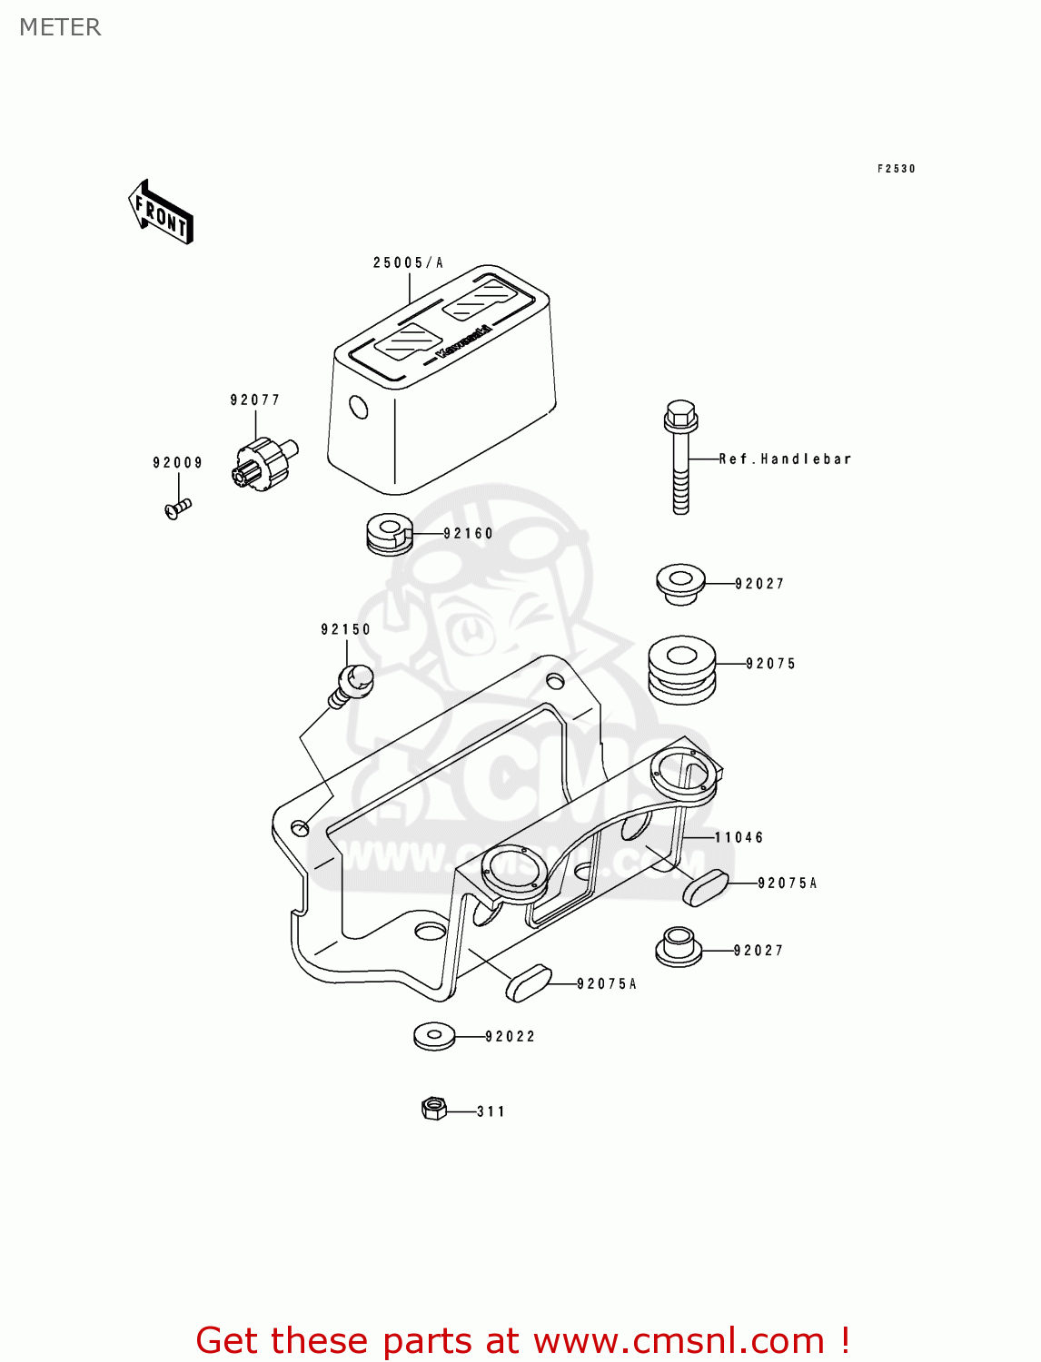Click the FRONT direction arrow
click(x=161, y=212)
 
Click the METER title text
click(x=60, y=27)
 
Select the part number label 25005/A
click(x=408, y=263)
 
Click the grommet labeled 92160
click(x=388, y=534)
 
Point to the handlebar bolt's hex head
click(x=680, y=416)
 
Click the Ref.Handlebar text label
click(x=785, y=459)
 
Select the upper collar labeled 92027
click(x=680, y=583)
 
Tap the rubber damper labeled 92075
click(x=681, y=670)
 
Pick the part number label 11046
click(x=739, y=838)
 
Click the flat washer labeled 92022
click(x=434, y=1036)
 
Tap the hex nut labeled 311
click(x=434, y=1109)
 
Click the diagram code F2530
click(x=896, y=169)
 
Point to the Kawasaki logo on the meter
click(x=463, y=341)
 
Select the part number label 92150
click(x=346, y=629)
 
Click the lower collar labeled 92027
click(x=679, y=948)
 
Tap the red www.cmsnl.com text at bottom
click(x=678, y=1340)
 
